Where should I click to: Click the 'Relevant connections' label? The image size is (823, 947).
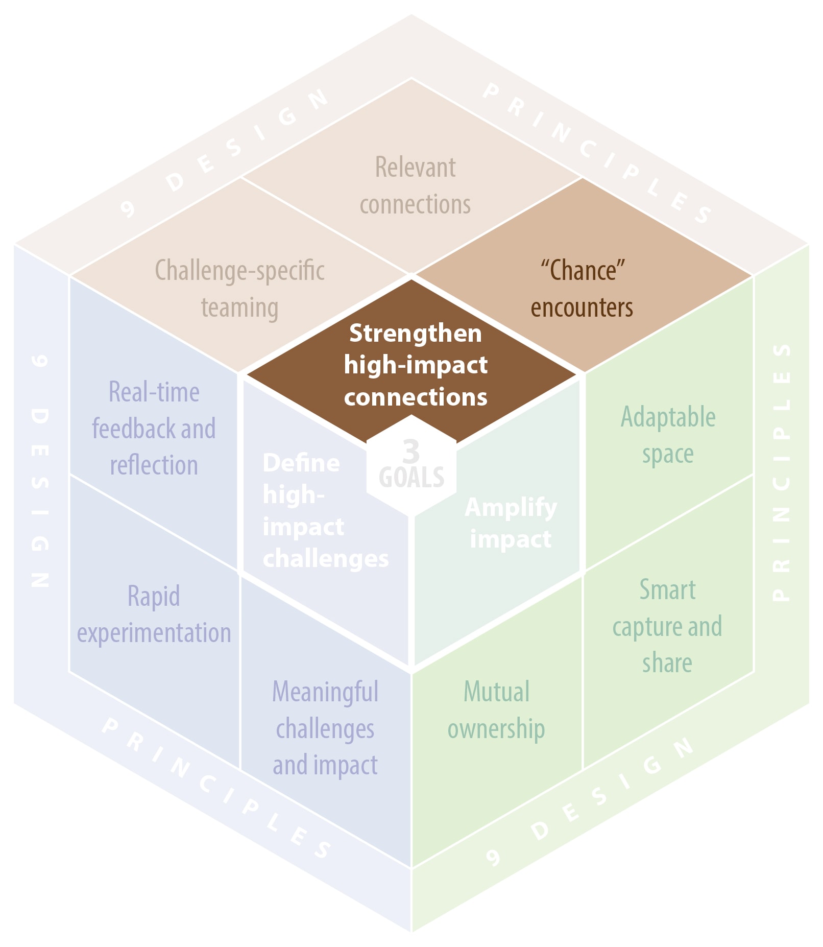tap(415, 185)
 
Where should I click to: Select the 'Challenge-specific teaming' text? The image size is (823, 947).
tap(239, 289)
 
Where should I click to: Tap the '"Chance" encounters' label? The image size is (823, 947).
tap(582, 289)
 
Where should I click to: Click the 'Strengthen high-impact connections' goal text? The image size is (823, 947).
tap(415, 365)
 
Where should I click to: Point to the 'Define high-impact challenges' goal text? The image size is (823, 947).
tap(325, 511)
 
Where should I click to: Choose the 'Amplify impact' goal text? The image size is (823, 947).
tap(511, 523)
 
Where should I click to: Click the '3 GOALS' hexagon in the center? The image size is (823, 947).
tap(411, 465)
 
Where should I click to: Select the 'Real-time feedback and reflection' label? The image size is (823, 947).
tap(154, 429)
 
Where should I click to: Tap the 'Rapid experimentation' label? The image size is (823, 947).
tap(154, 614)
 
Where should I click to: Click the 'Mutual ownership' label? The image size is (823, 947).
tap(496, 710)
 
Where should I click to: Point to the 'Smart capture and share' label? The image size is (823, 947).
tap(667, 626)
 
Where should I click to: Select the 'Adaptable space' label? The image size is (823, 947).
tap(668, 435)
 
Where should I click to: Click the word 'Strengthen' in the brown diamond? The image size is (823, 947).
tap(415, 333)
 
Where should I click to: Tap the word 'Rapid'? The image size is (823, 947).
tap(154, 596)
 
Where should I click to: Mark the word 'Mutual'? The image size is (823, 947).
tap(496, 692)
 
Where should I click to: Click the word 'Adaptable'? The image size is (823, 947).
tap(668, 417)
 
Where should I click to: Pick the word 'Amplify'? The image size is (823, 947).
tap(511, 507)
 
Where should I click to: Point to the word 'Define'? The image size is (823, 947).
tap(301, 463)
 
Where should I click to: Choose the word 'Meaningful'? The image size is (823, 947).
tap(325, 692)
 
